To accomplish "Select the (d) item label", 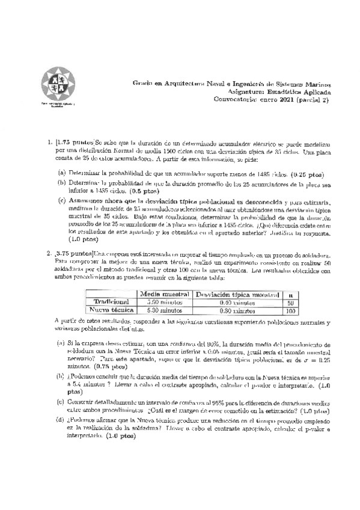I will pos(61,420).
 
